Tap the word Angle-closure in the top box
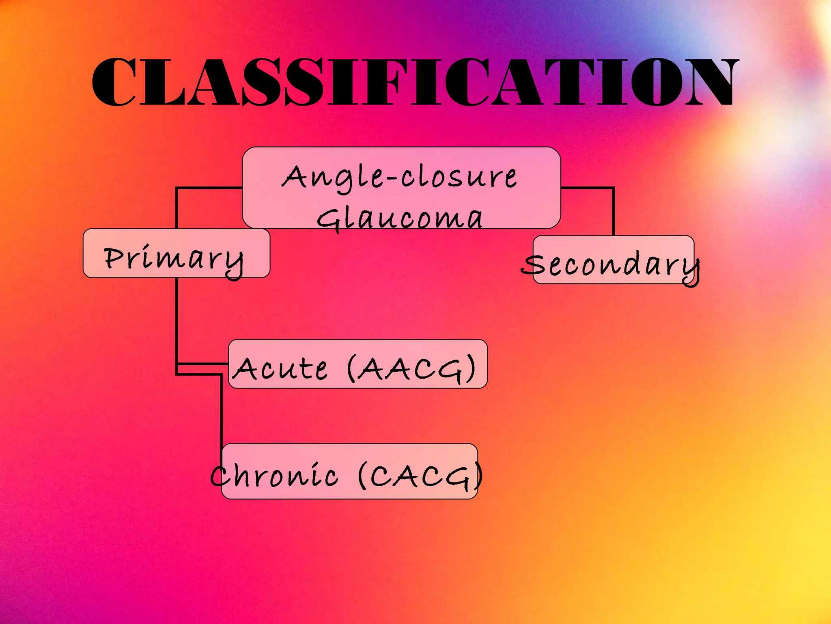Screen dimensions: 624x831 (400, 178)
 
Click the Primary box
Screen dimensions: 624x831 (176, 253)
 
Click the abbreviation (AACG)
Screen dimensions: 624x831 (411, 368)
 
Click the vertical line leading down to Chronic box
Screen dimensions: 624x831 (222, 410)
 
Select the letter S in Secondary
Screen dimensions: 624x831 (533, 265)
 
